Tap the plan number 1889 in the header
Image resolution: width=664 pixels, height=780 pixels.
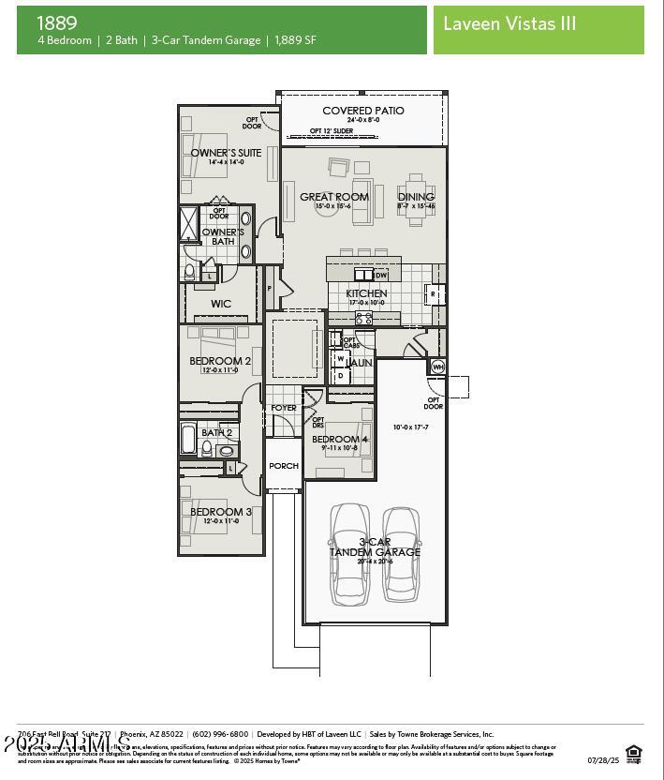57,22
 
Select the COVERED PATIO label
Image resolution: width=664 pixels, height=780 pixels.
363,111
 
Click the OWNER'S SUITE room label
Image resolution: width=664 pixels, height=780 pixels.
226,153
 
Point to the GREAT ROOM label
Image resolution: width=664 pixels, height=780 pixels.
334,197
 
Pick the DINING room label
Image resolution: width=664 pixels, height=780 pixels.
416,197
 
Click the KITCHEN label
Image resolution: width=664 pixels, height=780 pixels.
366,293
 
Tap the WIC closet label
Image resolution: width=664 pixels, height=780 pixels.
221,304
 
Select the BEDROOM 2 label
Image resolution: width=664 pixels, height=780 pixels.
220,361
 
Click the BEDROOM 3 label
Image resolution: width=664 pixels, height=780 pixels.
221,512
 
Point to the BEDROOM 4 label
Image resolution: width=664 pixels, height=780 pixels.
340,439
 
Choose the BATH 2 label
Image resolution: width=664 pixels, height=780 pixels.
216,432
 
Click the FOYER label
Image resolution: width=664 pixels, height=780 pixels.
284,408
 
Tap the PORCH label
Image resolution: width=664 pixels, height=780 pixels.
284,466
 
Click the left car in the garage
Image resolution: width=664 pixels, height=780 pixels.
349,553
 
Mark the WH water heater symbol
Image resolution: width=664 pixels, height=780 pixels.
437,367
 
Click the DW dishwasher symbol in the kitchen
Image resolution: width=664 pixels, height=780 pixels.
380,276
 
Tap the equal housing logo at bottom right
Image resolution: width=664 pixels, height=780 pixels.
634,752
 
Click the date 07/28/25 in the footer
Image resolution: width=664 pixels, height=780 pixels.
603,760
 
